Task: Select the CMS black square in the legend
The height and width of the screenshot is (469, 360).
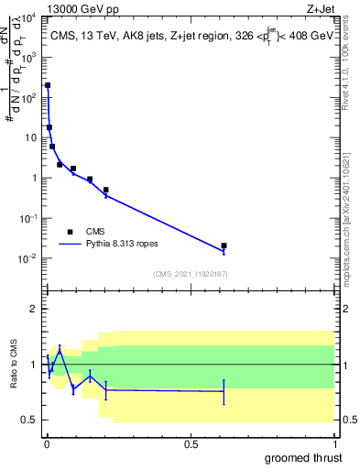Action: (70, 232)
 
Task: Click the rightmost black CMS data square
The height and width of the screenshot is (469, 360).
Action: (224, 245)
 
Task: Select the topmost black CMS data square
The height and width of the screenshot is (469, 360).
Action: (48, 85)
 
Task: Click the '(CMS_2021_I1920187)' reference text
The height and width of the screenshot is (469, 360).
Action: (190, 274)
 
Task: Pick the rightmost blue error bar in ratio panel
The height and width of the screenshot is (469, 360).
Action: (224, 391)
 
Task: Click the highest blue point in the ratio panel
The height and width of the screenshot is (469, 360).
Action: (60, 348)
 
